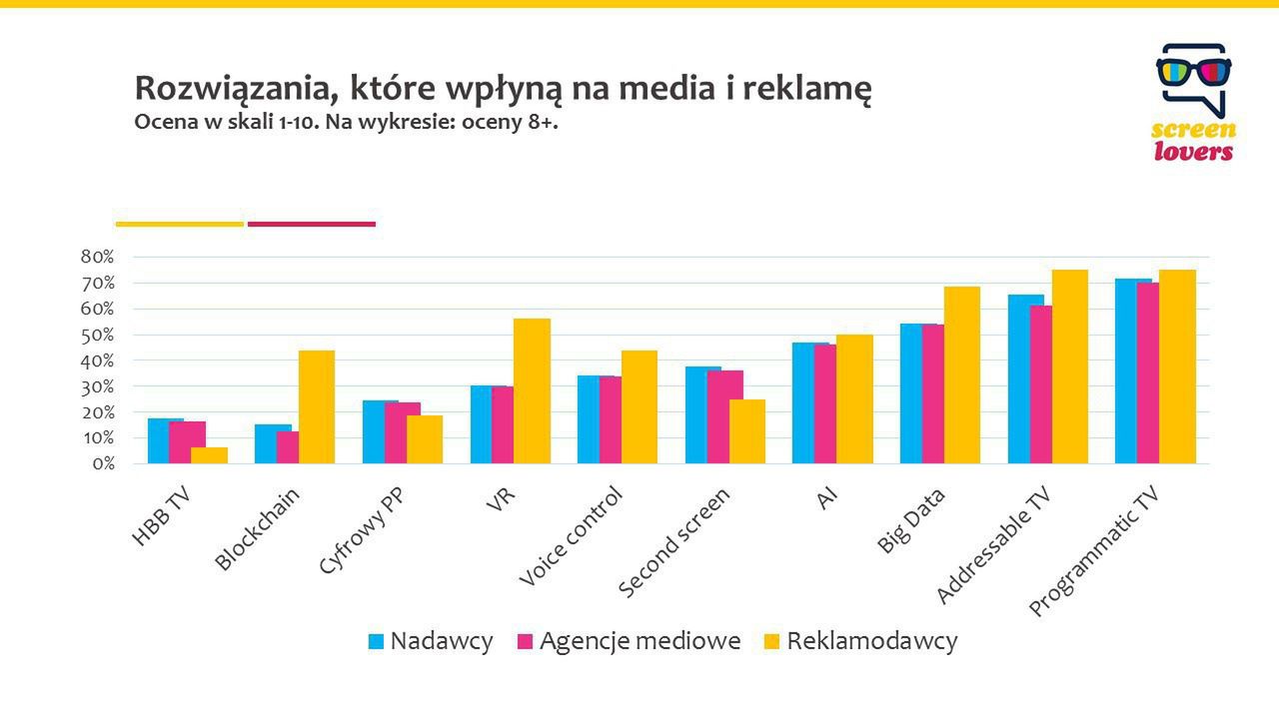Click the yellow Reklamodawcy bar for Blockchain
point(317,406)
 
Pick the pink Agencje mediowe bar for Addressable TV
point(1039,384)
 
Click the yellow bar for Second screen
point(747,431)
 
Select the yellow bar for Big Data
point(962,374)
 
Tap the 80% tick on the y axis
point(98,258)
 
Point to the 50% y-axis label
point(98,335)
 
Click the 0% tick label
point(102,464)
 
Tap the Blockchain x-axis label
point(257,529)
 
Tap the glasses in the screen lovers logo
point(1193,72)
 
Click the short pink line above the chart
point(312,224)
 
